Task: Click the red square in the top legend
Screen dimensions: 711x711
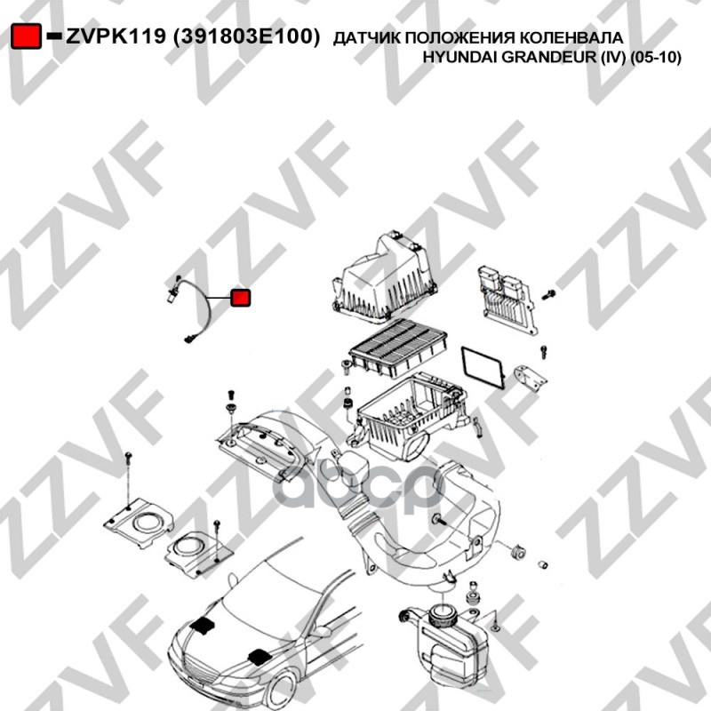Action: click(x=26, y=36)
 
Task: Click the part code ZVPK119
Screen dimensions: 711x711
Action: click(x=116, y=36)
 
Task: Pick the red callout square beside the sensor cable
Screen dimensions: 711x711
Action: click(x=240, y=298)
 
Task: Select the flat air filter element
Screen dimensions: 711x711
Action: click(x=397, y=348)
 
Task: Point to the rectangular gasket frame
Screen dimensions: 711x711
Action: click(x=483, y=367)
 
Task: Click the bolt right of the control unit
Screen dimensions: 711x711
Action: click(x=548, y=295)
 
